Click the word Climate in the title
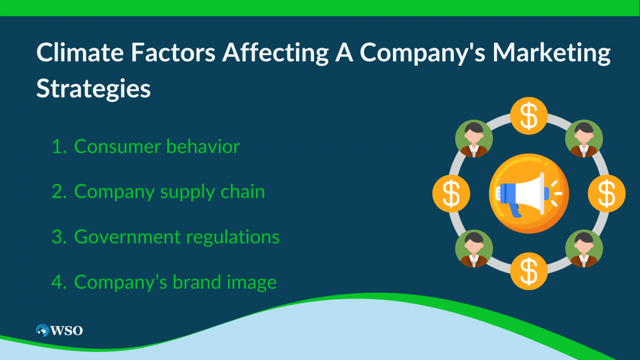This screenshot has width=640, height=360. click(80, 53)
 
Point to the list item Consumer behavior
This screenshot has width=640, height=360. click(157, 146)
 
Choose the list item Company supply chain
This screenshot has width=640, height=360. click(170, 192)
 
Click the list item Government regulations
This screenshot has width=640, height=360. click(177, 238)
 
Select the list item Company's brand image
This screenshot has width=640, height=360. click(176, 282)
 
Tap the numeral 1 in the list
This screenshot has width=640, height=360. click(58, 147)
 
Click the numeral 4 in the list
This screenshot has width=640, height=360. click(58, 282)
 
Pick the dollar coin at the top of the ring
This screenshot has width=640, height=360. click(529, 116)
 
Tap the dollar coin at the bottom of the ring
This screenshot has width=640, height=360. click(529, 271)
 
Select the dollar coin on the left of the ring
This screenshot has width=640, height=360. click(451, 193)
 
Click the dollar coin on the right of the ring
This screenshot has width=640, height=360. click(606, 193)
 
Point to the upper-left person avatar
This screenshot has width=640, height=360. click(474, 139)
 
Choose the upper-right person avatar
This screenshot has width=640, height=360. click(584, 139)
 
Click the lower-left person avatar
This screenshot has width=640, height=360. click(474, 249)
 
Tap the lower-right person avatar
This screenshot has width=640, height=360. click(584, 249)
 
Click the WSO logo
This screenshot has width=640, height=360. click(59, 330)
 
